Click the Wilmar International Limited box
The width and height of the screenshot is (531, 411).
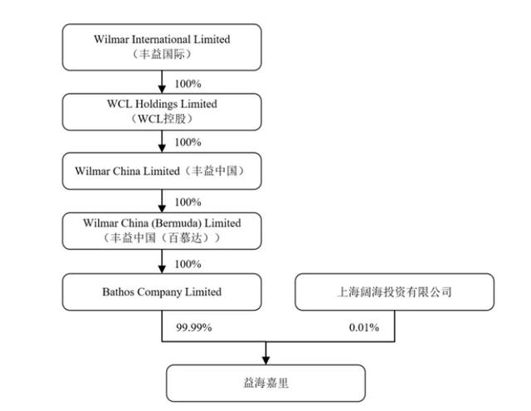coord(162,46)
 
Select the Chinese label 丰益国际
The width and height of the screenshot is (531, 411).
coord(162,54)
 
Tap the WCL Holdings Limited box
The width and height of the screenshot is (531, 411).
coord(162,110)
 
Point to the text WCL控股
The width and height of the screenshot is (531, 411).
coord(162,119)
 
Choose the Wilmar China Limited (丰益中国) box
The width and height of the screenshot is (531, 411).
coord(162,172)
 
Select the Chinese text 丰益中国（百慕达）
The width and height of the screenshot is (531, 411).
coord(162,237)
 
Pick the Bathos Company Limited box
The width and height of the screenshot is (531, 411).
coord(162,292)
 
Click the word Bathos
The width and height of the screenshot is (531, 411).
coord(122,292)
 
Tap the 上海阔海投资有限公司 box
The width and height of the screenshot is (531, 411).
coord(395,292)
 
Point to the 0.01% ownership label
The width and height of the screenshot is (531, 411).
coord(366,327)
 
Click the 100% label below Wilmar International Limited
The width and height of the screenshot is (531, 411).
coord(188,84)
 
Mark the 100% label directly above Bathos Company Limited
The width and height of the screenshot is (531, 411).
coord(188,264)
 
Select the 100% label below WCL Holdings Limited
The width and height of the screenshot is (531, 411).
coord(188,142)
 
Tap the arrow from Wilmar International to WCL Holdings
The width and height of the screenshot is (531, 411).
coord(162,81)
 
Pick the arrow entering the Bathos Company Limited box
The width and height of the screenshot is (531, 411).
coord(162,265)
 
